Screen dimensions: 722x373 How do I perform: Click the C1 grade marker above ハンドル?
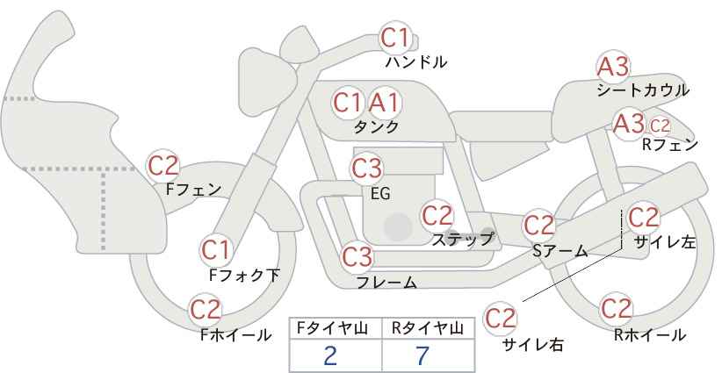[395, 38]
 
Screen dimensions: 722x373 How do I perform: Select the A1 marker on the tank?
[385, 103]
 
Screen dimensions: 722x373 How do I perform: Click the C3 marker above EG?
[366, 169]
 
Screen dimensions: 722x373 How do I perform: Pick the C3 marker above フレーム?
[357, 257]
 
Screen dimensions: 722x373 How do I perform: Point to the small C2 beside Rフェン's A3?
[660, 126]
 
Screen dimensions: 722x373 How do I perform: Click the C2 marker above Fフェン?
[162, 166]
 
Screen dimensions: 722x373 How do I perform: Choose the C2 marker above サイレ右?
[500, 318]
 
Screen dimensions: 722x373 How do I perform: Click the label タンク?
[376, 127]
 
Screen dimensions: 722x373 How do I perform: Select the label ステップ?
[462, 240]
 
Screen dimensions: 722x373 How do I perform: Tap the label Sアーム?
[560, 251]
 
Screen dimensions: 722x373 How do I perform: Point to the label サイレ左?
[665, 242]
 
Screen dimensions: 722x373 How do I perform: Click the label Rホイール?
[650, 335]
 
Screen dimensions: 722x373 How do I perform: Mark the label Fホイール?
[235, 335]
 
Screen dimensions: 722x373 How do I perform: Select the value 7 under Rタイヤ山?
[422, 355]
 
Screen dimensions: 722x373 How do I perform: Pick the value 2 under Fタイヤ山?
[330, 355]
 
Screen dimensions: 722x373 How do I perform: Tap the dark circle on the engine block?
[398, 226]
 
